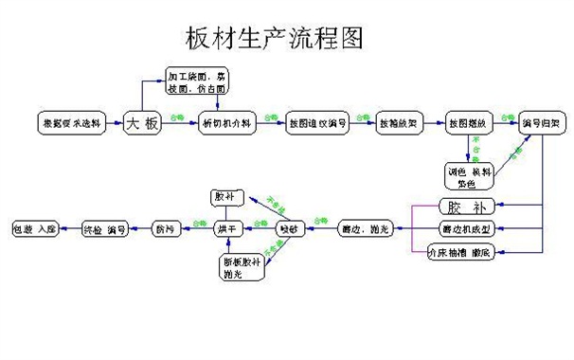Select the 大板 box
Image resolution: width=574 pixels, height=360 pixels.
coord(141,123)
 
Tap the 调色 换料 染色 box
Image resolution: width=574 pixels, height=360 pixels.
coord(470,174)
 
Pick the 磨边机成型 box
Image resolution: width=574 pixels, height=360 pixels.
coord(464,229)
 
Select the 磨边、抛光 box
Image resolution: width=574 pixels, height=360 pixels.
coord(364,229)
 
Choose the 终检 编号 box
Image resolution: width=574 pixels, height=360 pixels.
coord(103,229)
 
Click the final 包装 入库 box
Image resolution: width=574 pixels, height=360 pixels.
coord(33,229)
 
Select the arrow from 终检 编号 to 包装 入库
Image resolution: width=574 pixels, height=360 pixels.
coord(67,229)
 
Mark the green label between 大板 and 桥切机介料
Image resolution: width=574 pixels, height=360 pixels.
coord(176,117)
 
